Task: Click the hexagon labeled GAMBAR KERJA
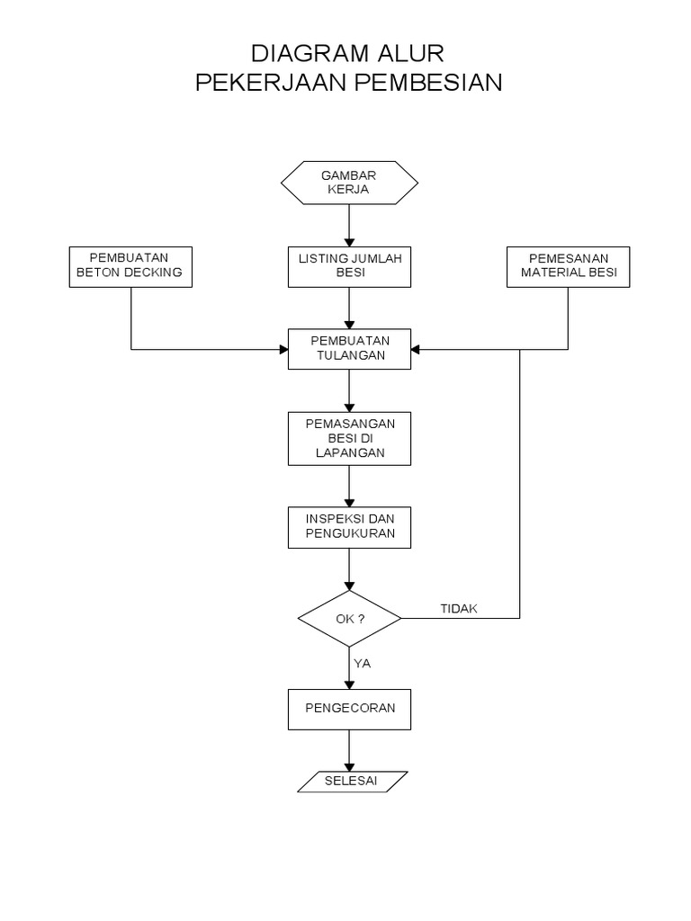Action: (349, 183)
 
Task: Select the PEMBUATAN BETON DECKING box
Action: (131, 266)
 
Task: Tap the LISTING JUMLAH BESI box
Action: (349, 266)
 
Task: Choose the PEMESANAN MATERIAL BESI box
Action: (568, 266)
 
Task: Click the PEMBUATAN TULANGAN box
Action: (349, 348)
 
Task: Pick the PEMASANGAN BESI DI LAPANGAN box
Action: (349, 438)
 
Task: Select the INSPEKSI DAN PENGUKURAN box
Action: (349, 528)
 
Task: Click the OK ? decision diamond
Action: (349, 619)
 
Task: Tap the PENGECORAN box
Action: (349, 709)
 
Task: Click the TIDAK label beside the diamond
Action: (459, 609)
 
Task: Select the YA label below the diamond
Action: (363, 664)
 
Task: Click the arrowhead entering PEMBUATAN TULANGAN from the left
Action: (282, 349)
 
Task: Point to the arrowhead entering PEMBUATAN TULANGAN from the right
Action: (417, 349)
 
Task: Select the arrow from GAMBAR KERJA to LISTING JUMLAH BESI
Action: (349, 225)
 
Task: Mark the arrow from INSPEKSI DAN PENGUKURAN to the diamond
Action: (349, 569)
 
